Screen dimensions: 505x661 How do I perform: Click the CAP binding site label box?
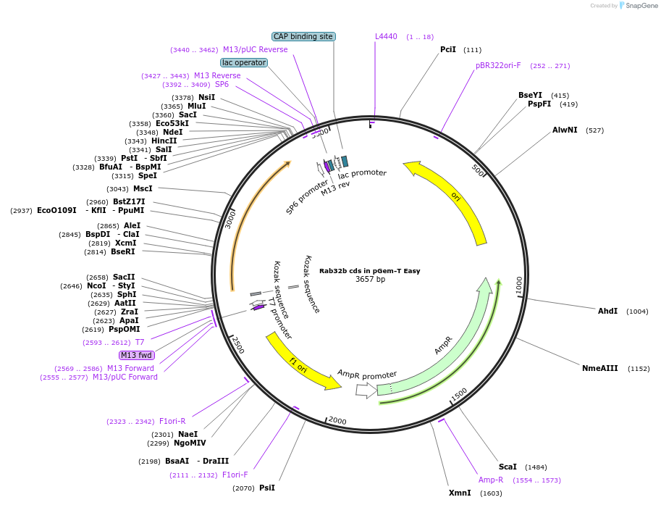[x=303, y=36]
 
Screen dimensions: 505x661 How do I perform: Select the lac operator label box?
[x=244, y=62]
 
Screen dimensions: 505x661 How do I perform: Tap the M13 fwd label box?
[x=137, y=355]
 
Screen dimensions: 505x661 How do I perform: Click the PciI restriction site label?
[x=448, y=49]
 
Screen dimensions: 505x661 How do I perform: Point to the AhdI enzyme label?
[x=607, y=311]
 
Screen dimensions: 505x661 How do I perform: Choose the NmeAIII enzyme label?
[x=600, y=368]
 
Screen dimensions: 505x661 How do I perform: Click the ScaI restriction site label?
[x=508, y=467]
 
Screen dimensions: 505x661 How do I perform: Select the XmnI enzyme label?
[x=460, y=493]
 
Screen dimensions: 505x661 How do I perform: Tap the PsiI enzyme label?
[x=267, y=488]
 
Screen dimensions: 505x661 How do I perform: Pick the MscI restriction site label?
[x=143, y=188]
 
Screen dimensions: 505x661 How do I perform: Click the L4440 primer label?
[x=386, y=36]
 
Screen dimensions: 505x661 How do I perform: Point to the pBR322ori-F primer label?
[x=498, y=65]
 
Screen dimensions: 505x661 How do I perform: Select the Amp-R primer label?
[x=490, y=480]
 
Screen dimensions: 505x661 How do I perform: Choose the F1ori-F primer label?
[x=235, y=475]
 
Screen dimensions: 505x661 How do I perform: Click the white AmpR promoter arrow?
[x=366, y=390]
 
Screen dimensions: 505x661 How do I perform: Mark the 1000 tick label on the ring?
[x=519, y=285]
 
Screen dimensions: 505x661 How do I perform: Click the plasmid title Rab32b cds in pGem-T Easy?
[x=369, y=271]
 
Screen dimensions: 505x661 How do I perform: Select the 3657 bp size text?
[x=370, y=279]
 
